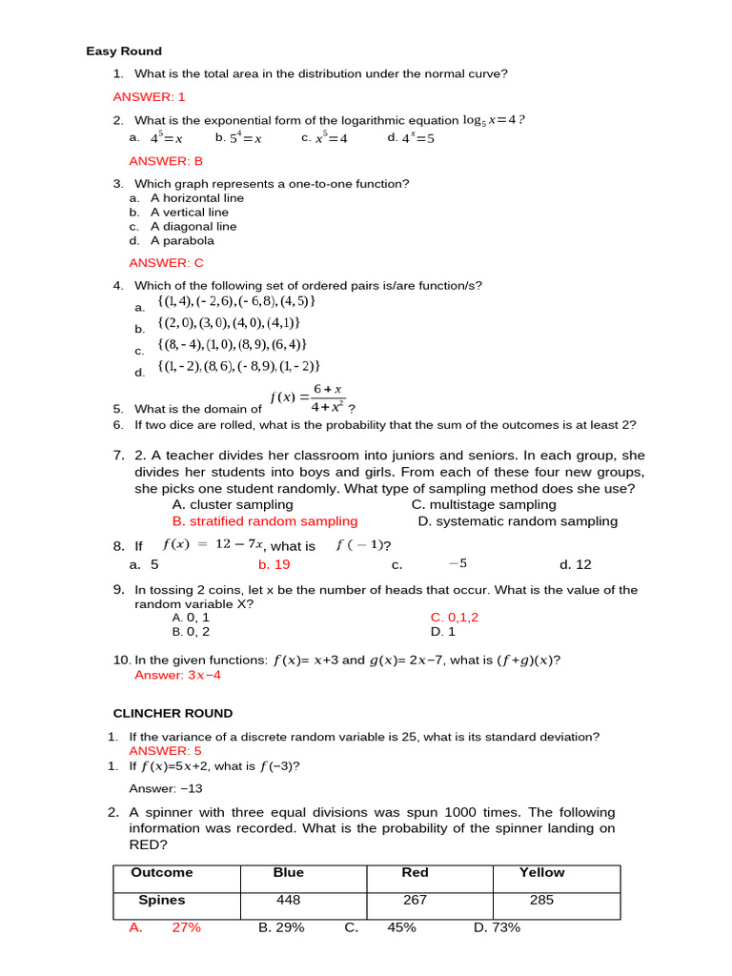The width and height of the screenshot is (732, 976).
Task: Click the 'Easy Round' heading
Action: pyautogui.click(x=124, y=51)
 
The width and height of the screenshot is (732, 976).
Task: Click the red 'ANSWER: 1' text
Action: pyautogui.click(x=149, y=97)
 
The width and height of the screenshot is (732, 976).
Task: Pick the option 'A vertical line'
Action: pyautogui.click(x=189, y=213)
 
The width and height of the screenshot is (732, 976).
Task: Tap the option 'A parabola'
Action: pyautogui.click(x=182, y=241)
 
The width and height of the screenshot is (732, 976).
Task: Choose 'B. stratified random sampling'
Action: pyautogui.click(x=265, y=521)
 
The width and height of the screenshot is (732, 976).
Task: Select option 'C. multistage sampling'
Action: pyautogui.click(x=483, y=504)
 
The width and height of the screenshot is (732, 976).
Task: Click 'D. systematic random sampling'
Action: pyautogui.click(x=517, y=521)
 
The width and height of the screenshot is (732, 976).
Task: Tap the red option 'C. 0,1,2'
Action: pyautogui.click(x=454, y=617)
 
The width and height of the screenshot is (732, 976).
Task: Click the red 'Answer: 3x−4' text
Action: pyautogui.click(x=177, y=675)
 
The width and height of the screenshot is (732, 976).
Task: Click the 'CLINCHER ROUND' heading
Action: pyautogui.click(x=173, y=713)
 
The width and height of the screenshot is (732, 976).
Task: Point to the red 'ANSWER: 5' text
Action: pyautogui.click(x=165, y=751)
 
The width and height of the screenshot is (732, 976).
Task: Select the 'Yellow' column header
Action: pyautogui.click(x=541, y=872)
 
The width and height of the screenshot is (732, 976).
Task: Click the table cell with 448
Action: pyautogui.click(x=288, y=900)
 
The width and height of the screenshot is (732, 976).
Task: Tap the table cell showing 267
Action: pyautogui.click(x=415, y=900)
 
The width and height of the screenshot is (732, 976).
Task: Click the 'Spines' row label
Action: pyautogui.click(x=161, y=900)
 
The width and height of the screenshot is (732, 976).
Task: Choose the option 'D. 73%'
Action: pyautogui.click(x=497, y=927)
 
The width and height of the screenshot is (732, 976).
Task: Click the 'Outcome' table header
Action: pyautogui.click(x=161, y=872)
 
